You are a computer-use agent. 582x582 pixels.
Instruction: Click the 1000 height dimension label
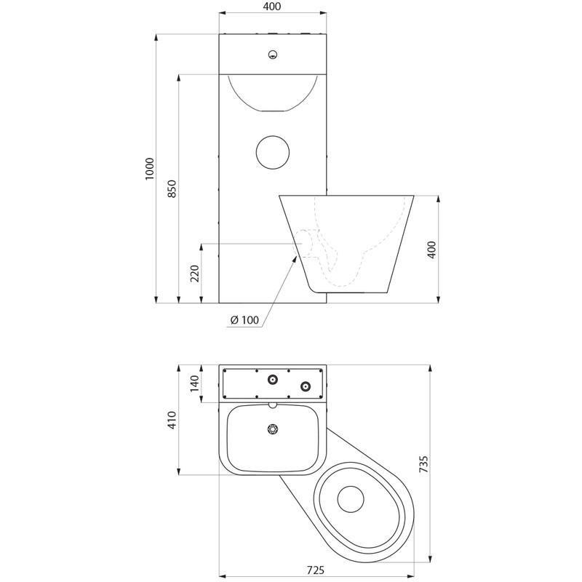coord(149,169)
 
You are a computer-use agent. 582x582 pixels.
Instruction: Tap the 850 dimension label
coord(172,189)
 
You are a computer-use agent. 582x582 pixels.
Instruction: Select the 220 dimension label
coord(195,274)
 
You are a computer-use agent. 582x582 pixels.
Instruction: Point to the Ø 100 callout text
coord(244,319)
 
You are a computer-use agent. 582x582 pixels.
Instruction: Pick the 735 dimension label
coord(423,464)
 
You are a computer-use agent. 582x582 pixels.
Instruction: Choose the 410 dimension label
coord(172,420)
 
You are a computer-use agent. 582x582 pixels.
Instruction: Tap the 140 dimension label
coord(195,383)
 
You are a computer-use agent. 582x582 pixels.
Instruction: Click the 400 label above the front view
coord(272,7)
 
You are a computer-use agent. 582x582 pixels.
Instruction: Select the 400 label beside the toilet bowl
coord(432,250)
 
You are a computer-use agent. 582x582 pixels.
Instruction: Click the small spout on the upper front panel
coord(273,55)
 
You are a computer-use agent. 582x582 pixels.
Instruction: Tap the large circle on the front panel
coord(273,152)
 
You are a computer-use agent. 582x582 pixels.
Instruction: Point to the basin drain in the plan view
coord(273,429)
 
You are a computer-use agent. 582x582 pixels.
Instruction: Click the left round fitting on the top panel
coord(273,379)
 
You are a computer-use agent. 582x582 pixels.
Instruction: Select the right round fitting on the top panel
coord(306,386)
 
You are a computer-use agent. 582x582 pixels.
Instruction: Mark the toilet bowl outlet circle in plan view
coord(351,499)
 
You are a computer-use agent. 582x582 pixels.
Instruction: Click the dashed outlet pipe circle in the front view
coord(303,244)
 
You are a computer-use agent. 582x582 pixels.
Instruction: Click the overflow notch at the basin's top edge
coord(273,405)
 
